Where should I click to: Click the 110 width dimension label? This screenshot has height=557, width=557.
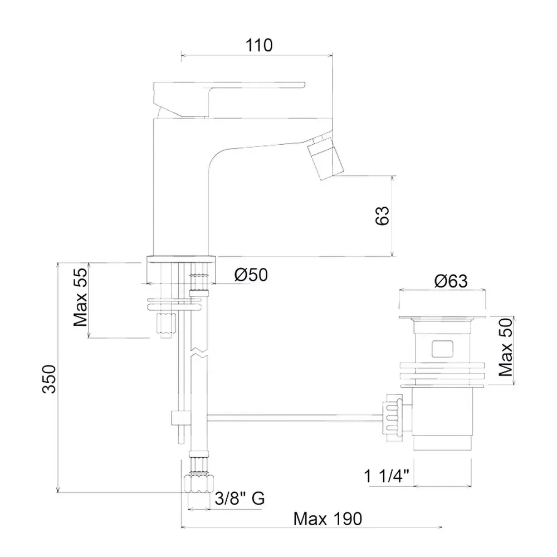click(259, 46)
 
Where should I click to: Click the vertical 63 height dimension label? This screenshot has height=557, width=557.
click(382, 216)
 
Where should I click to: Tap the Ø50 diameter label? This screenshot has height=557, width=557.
click(251, 275)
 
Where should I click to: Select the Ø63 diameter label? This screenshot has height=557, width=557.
click(451, 281)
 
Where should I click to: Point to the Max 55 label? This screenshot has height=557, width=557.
click(80, 297)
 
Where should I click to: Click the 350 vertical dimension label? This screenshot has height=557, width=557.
click(49, 379)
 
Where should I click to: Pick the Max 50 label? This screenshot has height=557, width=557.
click(506, 347)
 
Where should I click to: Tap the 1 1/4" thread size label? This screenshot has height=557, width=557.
click(387, 476)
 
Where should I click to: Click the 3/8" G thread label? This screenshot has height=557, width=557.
click(240, 499)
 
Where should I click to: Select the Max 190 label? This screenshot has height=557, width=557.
click(328, 519)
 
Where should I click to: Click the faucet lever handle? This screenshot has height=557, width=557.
click(229, 100)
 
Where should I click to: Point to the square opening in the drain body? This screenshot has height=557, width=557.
click(442, 349)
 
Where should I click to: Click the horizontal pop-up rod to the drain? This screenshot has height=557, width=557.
click(294, 418)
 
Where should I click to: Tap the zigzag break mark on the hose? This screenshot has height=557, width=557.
click(199, 351)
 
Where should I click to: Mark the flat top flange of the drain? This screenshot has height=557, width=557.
click(442, 318)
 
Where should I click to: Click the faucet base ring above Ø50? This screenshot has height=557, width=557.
click(181, 260)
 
